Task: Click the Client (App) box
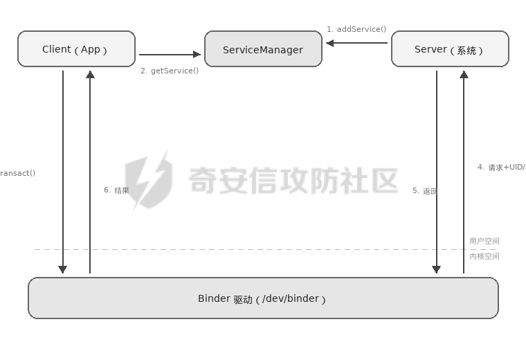(76, 49)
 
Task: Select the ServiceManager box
(263, 49)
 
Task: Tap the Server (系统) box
(450, 49)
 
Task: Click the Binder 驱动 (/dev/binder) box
(263, 298)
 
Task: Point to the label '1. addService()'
(356, 29)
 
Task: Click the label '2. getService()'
(170, 71)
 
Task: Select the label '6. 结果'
(116, 190)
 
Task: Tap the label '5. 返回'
(424, 190)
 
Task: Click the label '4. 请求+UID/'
(500, 167)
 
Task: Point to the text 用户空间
(484, 241)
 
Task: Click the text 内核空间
(484, 256)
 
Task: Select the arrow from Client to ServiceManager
(170, 54)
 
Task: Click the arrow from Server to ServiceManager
(356, 43)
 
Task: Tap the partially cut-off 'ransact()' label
(17, 173)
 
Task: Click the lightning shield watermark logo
(149, 179)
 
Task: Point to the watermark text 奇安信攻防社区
(293, 180)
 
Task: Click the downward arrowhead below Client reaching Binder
(62, 269)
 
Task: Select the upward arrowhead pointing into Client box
(90, 74)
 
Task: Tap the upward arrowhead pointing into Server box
(464, 74)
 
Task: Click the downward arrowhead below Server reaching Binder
(436, 269)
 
